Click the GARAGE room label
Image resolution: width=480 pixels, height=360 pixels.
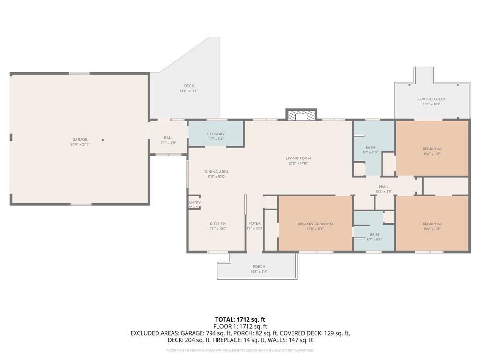(x=80, y=140)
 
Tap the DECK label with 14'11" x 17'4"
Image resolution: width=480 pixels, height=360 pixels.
(x=189, y=86)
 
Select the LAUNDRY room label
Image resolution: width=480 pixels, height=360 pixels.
(x=216, y=134)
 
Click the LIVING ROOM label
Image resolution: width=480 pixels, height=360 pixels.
(x=299, y=158)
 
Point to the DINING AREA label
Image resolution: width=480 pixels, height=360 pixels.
(x=217, y=172)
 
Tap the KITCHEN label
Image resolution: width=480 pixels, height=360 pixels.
(x=217, y=224)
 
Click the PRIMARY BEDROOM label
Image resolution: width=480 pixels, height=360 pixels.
(x=315, y=225)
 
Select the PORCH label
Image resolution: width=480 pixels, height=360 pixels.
(x=259, y=266)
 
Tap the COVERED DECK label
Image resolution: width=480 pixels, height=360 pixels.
(x=431, y=99)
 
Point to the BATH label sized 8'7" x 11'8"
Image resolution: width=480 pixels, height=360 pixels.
(x=370, y=147)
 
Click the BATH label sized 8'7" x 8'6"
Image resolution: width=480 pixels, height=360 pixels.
(x=374, y=234)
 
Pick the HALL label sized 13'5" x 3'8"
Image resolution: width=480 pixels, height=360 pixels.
(x=383, y=187)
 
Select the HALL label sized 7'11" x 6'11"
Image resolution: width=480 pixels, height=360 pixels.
(x=168, y=138)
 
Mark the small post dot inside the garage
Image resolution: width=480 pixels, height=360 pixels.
(x=103, y=139)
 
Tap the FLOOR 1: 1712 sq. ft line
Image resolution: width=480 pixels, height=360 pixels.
(x=240, y=326)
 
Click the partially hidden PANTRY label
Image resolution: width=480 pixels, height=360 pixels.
(x=195, y=203)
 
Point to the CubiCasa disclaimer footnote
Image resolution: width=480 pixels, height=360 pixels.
(x=240, y=350)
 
